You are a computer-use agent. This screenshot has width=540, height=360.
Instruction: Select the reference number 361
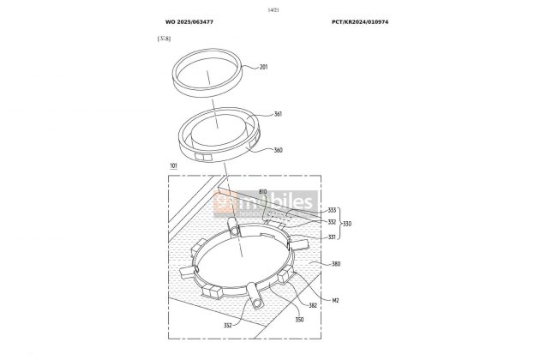coord(277,113)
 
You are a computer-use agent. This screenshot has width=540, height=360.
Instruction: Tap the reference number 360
coord(277,149)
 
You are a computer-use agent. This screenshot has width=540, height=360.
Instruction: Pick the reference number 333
coord(332,209)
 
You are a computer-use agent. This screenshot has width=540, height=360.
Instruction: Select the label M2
coord(337,301)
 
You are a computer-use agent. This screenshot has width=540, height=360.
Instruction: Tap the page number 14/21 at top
coord(273,8)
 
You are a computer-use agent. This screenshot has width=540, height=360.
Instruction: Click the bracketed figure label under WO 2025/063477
coord(163,39)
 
